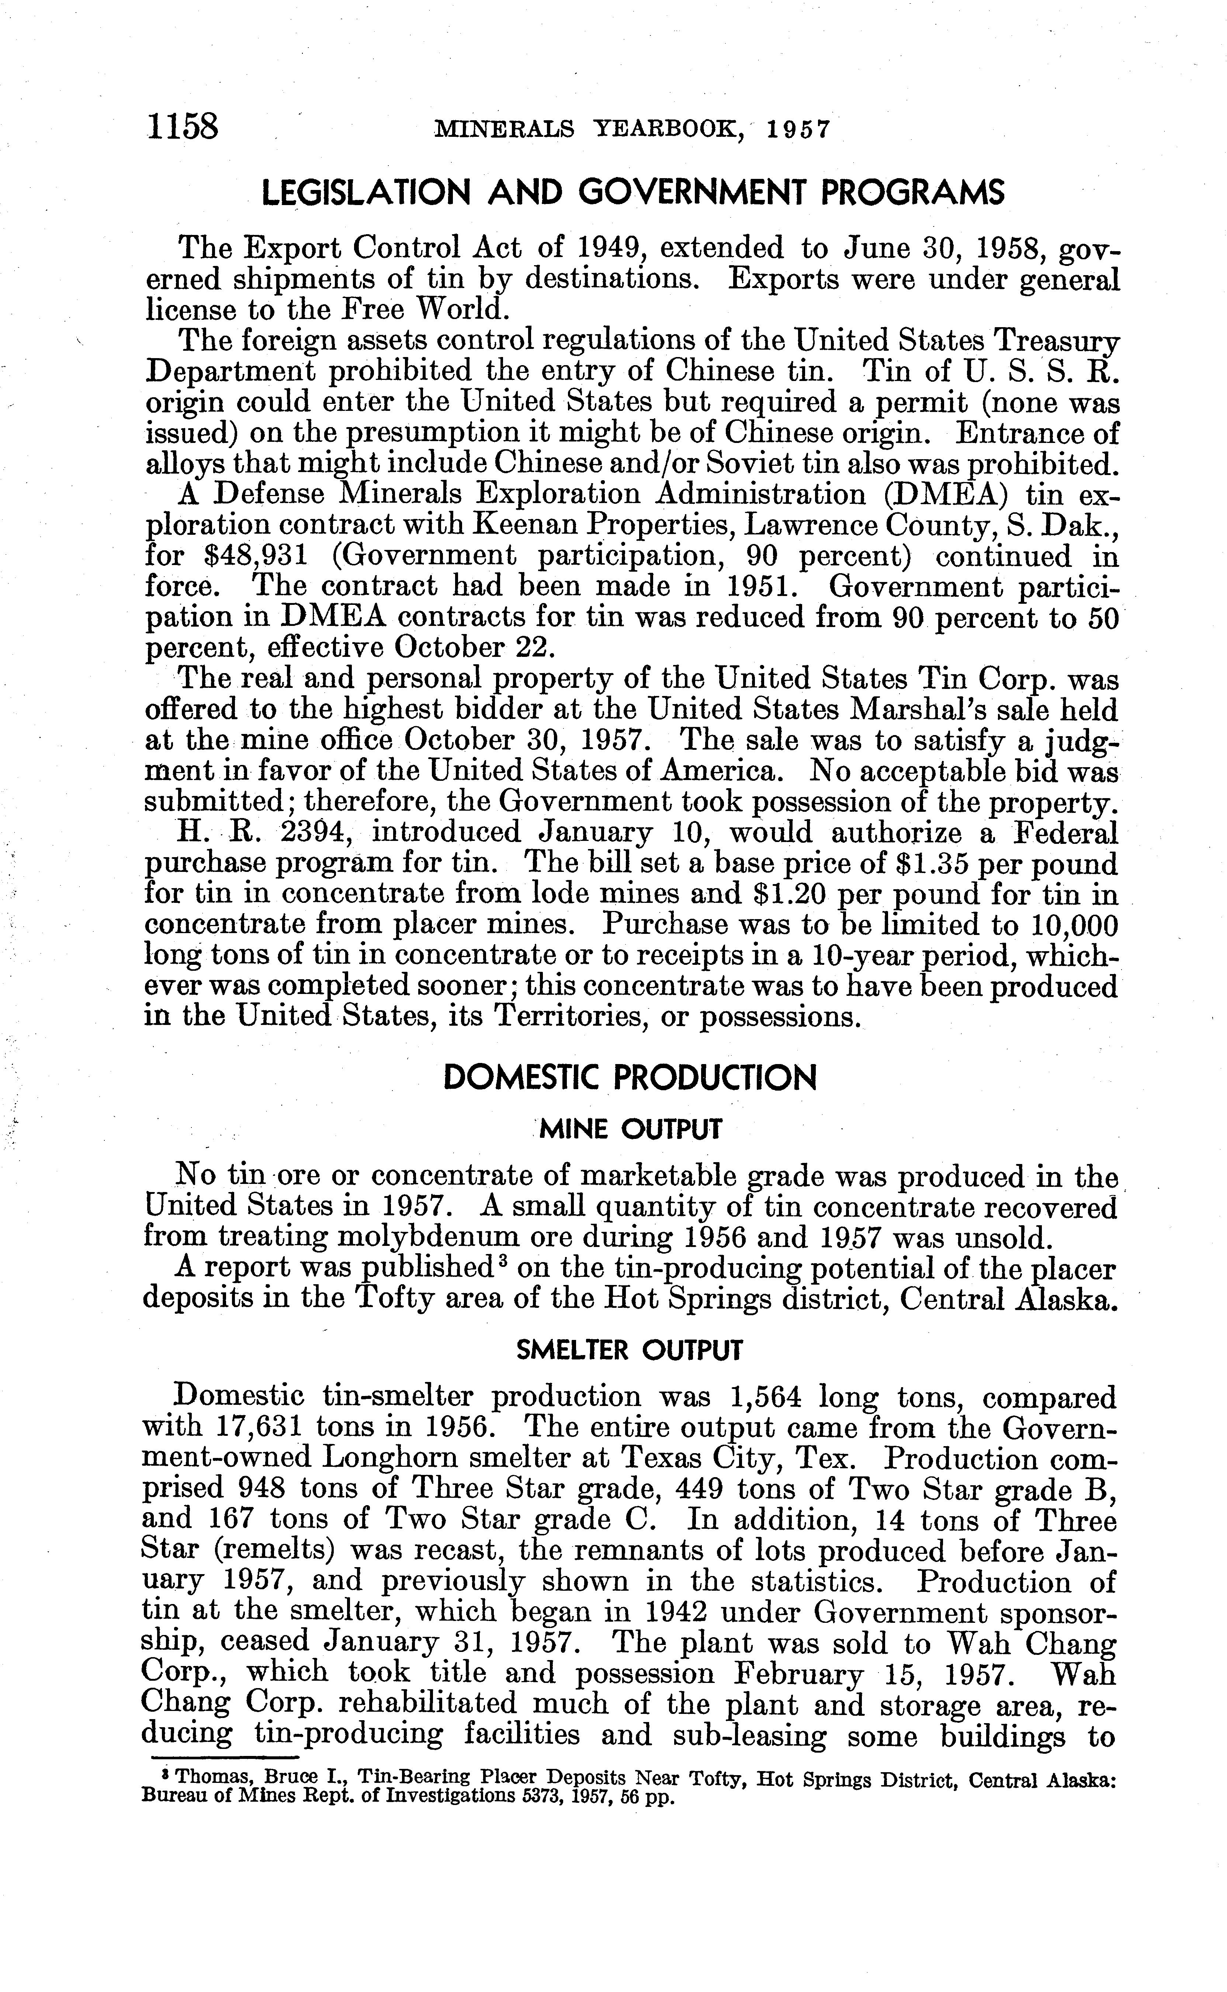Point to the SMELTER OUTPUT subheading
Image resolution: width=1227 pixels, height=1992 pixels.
(630, 1350)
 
